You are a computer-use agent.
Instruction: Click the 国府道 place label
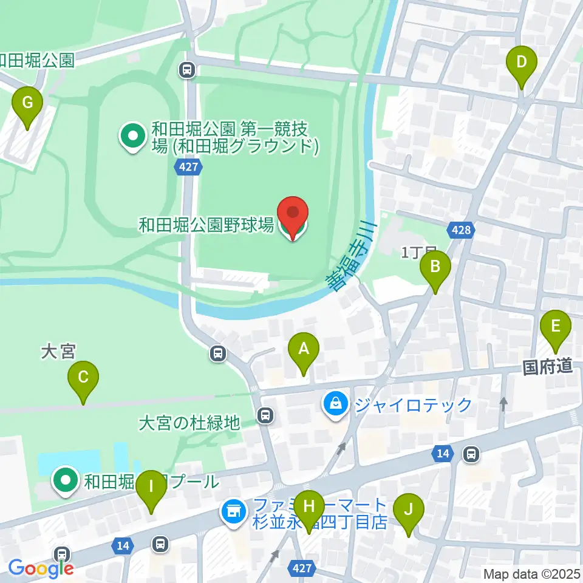pos(548,366)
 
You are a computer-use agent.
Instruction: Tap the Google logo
pos(41,567)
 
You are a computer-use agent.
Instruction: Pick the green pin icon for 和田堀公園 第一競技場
pos(131,137)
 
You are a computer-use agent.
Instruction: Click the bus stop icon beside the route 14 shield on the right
pos(470,453)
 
